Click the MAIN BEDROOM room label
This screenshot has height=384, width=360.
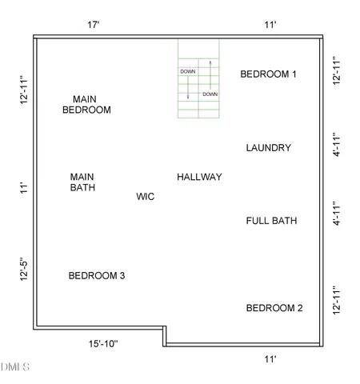pos(86,104)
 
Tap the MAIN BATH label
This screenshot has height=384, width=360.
pos(82,182)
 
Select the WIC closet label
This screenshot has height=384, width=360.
pos(146,196)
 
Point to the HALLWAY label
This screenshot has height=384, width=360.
pos(199,177)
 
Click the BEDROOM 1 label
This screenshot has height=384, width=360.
pos(269,74)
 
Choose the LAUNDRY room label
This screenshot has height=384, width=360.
pos(269,148)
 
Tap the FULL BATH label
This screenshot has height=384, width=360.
pos(271,221)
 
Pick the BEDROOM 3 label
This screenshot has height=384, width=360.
pos(97,276)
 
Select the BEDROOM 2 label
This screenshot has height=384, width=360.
pos(274,308)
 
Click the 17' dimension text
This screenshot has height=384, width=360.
pos(94,25)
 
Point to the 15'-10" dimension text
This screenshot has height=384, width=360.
pos(103,344)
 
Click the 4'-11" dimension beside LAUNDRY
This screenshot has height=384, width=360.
pos(338,148)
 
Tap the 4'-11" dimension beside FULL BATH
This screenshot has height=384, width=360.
pos(338,214)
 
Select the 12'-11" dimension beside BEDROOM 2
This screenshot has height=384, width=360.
pos(338,302)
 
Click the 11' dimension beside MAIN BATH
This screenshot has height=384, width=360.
pos(25,188)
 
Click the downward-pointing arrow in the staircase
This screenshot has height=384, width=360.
pos(189,88)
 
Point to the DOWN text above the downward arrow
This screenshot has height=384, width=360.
pos(188,71)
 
